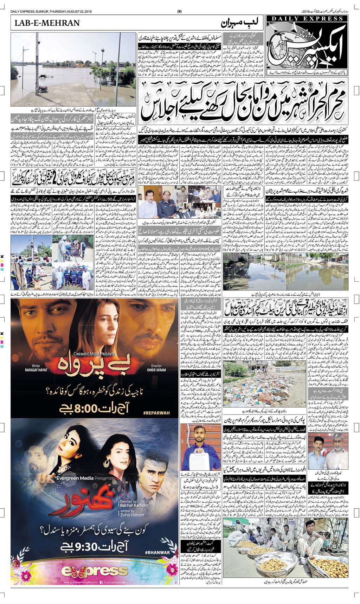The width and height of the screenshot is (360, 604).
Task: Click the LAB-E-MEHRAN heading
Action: tap(47, 23)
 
